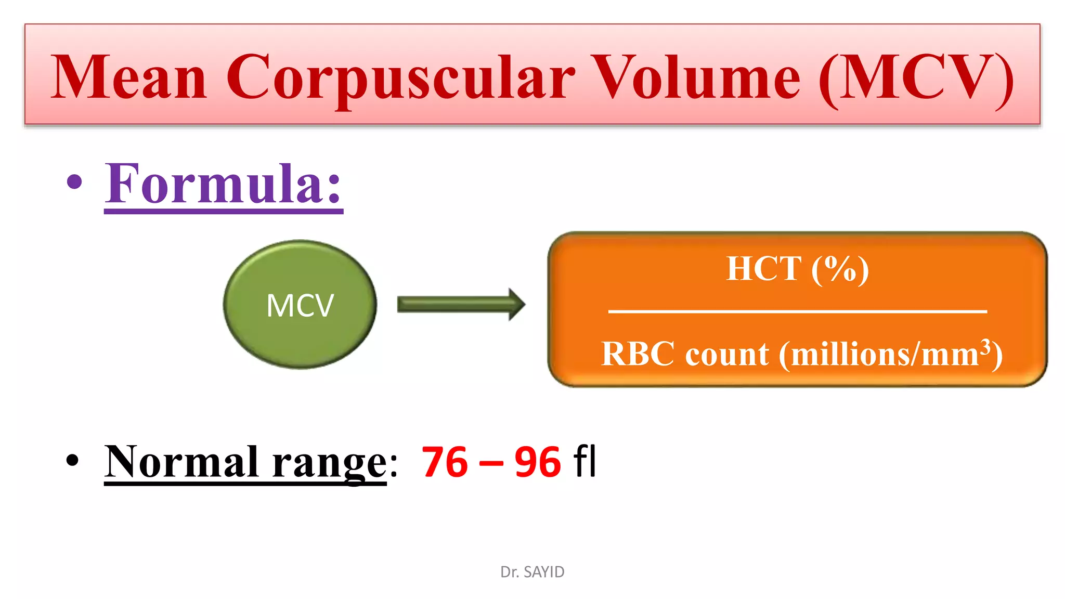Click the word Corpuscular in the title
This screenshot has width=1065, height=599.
(x=400, y=78)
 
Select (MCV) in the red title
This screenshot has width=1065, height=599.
(x=916, y=78)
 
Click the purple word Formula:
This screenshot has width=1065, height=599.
(x=224, y=184)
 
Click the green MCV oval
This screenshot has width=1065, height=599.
(x=300, y=305)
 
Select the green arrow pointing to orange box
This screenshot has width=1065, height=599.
(x=461, y=304)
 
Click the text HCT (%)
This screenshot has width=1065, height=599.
(x=797, y=269)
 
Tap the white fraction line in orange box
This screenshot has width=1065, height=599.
(x=797, y=311)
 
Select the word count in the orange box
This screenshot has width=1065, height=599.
(x=726, y=355)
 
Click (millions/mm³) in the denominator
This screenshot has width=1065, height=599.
(x=890, y=355)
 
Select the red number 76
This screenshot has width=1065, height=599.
(x=445, y=462)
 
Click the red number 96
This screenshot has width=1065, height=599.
(x=538, y=462)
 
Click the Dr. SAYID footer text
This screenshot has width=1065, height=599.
(x=532, y=572)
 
